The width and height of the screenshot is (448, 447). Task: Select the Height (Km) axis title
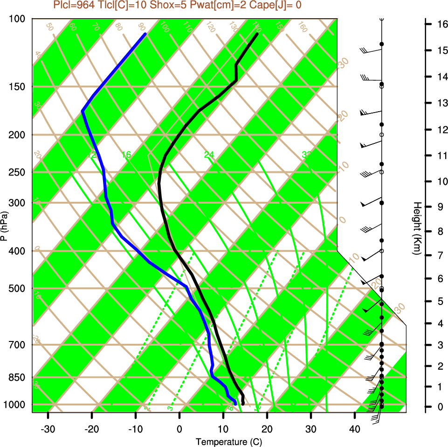click(418, 228)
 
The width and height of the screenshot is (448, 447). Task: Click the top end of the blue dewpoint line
click(145, 34)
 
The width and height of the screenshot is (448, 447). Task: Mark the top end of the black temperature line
click(257, 34)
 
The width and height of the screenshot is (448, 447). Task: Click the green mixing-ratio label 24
click(209, 155)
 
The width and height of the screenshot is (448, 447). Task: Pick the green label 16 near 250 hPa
click(126, 155)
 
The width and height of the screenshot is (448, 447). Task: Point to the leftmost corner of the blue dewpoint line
click(83, 111)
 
